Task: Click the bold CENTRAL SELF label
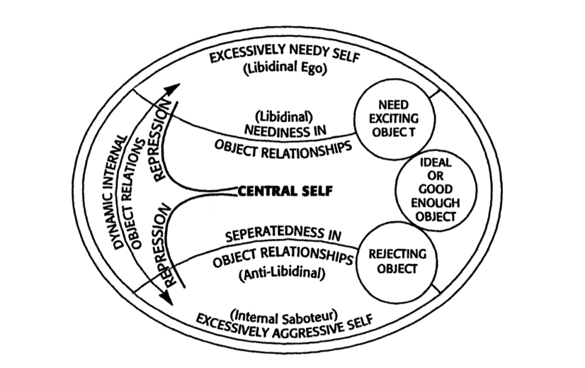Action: [283, 191]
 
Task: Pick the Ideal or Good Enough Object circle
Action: [435, 190]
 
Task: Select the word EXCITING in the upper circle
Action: [394, 119]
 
